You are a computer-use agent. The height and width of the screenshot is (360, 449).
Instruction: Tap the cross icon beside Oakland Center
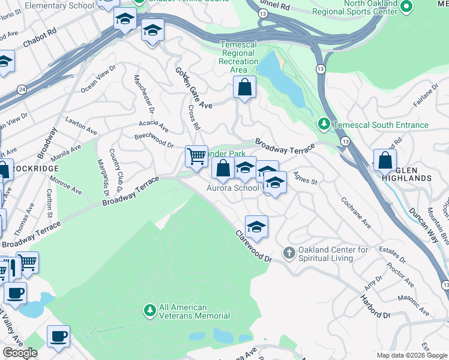(x=289, y=254)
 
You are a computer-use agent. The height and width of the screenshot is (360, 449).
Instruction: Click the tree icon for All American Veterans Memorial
(x=149, y=310)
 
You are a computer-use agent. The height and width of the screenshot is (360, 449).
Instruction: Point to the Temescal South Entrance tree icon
(x=324, y=124)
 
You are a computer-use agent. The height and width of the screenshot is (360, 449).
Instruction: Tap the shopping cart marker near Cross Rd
(x=196, y=157)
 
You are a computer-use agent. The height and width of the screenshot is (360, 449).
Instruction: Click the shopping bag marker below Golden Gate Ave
(x=245, y=88)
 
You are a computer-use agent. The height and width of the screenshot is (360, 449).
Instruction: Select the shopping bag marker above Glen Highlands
(x=385, y=161)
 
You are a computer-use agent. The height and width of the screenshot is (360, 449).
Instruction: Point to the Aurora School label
(x=232, y=188)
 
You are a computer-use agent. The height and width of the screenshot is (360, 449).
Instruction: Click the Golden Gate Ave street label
(x=193, y=88)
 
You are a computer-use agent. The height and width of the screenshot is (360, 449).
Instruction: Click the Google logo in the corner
(x=20, y=353)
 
